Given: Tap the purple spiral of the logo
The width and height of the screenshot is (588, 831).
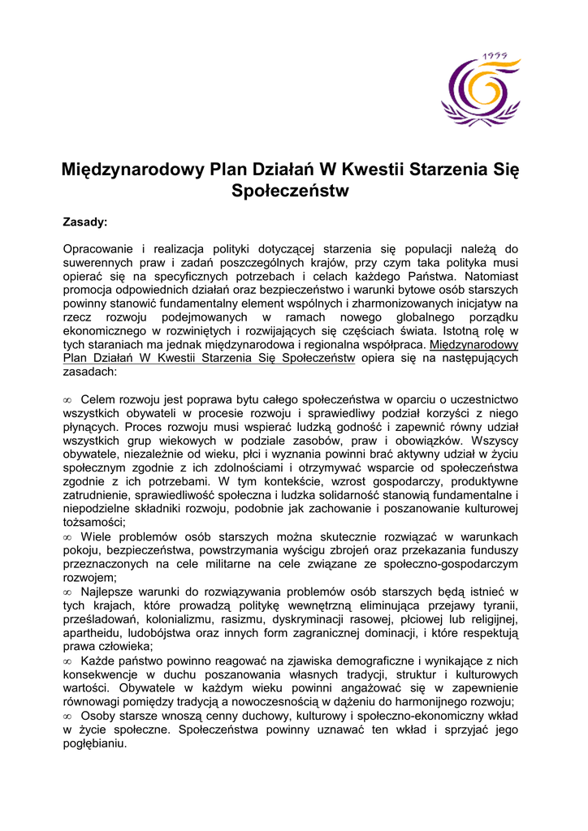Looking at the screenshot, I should [x=477, y=88].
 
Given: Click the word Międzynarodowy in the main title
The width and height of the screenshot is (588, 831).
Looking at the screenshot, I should [x=133, y=170].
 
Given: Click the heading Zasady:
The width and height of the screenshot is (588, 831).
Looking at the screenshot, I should [x=85, y=222].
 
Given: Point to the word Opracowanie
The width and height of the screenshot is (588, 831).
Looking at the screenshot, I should [x=96, y=248].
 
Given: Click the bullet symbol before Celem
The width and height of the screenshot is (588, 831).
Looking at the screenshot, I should [x=67, y=400].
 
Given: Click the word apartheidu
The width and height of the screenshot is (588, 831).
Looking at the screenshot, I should [x=94, y=633].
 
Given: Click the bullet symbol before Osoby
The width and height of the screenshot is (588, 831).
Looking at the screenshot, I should [x=67, y=716].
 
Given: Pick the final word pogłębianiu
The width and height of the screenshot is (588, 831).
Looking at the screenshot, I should [x=95, y=743].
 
